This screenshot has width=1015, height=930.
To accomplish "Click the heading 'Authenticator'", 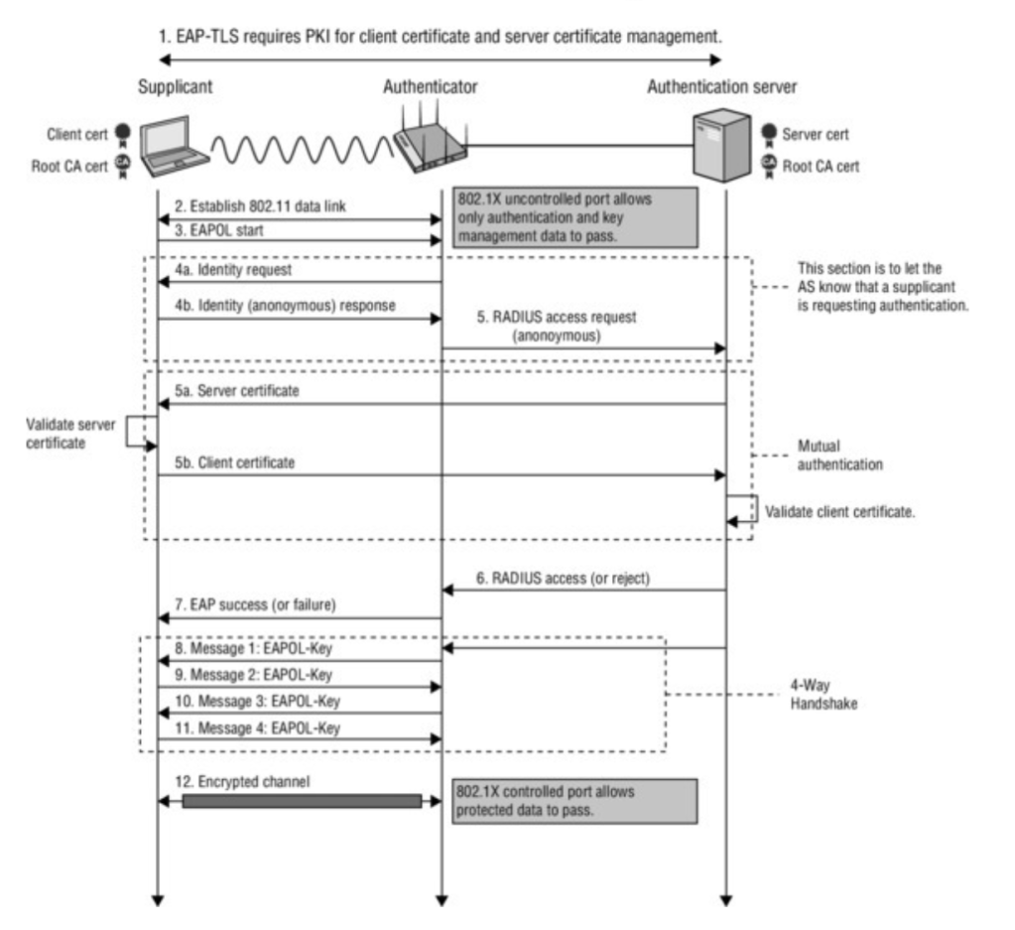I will click(x=431, y=86).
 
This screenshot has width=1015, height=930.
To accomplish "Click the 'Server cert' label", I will click(x=817, y=133).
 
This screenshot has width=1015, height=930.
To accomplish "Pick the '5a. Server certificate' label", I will click(x=236, y=391).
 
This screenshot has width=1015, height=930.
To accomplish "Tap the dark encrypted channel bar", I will click(x=302, y=801).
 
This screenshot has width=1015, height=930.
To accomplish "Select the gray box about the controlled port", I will click(x=574, y=801).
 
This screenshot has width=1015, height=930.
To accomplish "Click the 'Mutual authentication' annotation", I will click(x=840, y=455).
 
